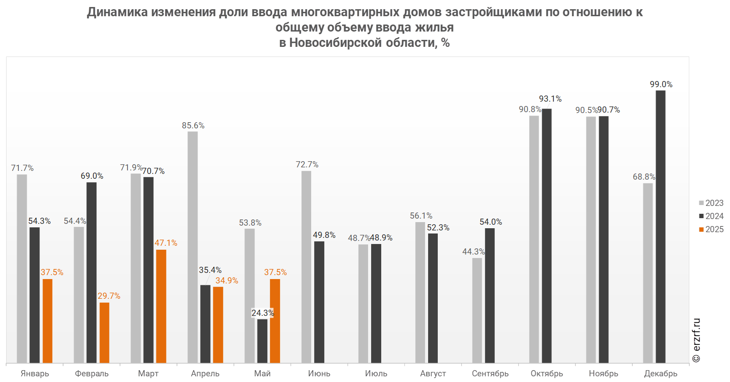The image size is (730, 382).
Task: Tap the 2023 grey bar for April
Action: pos(192,247)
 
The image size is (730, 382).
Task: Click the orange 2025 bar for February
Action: pos(104,332)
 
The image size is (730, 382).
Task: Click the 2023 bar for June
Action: pos(306,267)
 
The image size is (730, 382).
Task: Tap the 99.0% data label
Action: pos(661,84)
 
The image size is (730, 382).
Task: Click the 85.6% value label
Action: pos(193,125)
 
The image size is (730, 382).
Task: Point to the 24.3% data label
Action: pos(262,313)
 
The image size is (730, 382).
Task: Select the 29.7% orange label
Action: pos(109,296)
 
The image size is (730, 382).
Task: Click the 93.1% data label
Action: pos(550,99)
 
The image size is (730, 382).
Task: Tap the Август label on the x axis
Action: pos(433,373)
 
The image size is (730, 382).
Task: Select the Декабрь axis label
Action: pos(660,373)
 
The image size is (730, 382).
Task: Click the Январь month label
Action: pos(35,373)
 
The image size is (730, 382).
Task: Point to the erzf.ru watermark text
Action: pos(696,340)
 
